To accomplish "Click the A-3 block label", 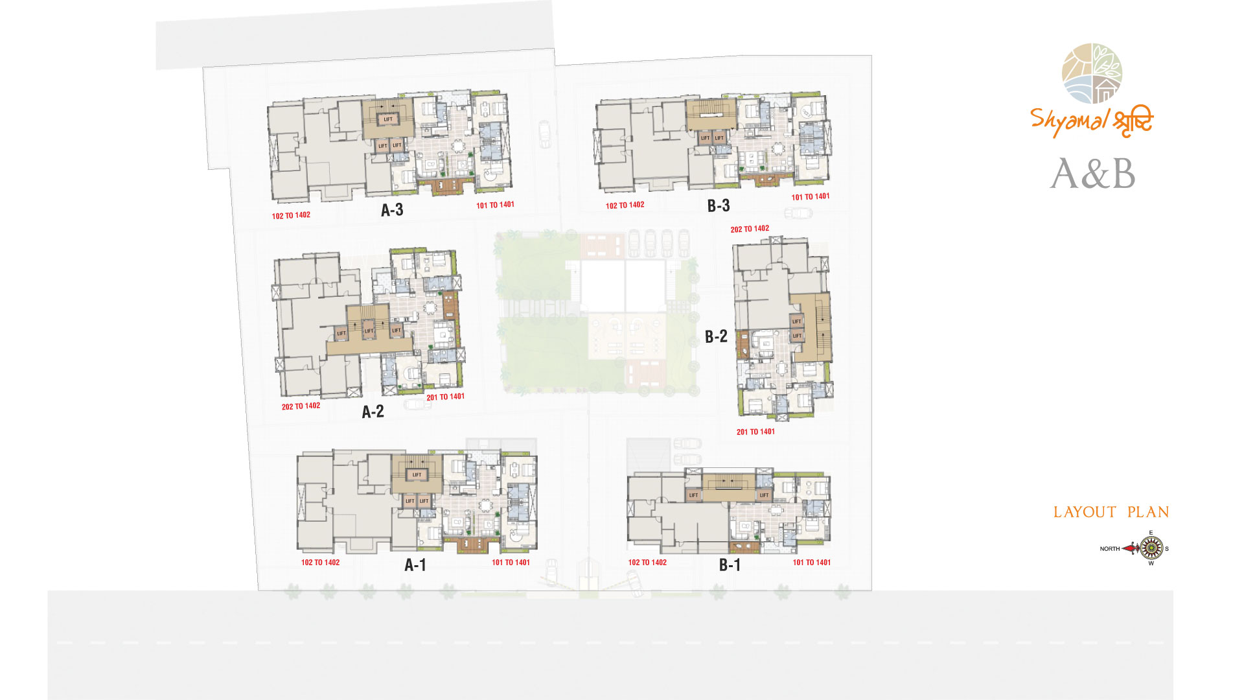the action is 392,210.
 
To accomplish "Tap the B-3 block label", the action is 719,206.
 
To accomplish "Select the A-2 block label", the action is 373,412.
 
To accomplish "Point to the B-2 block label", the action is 716,336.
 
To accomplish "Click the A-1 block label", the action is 415,565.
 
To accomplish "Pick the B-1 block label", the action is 730,565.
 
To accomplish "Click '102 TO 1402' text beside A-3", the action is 291,215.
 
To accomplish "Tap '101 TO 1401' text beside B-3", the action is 811,196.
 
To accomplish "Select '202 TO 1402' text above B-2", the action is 750,229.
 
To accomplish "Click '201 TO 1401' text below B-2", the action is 755,432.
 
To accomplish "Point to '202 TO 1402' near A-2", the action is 301,406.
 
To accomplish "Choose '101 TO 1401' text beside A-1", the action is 511,563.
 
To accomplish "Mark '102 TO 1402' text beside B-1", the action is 647,563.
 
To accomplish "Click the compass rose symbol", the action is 1151,548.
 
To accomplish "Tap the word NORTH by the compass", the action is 1110,549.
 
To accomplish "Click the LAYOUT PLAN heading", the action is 1111,512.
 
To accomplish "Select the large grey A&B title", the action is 1093,174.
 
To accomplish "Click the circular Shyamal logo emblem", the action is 1092,73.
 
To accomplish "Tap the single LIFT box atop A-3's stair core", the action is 388,119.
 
